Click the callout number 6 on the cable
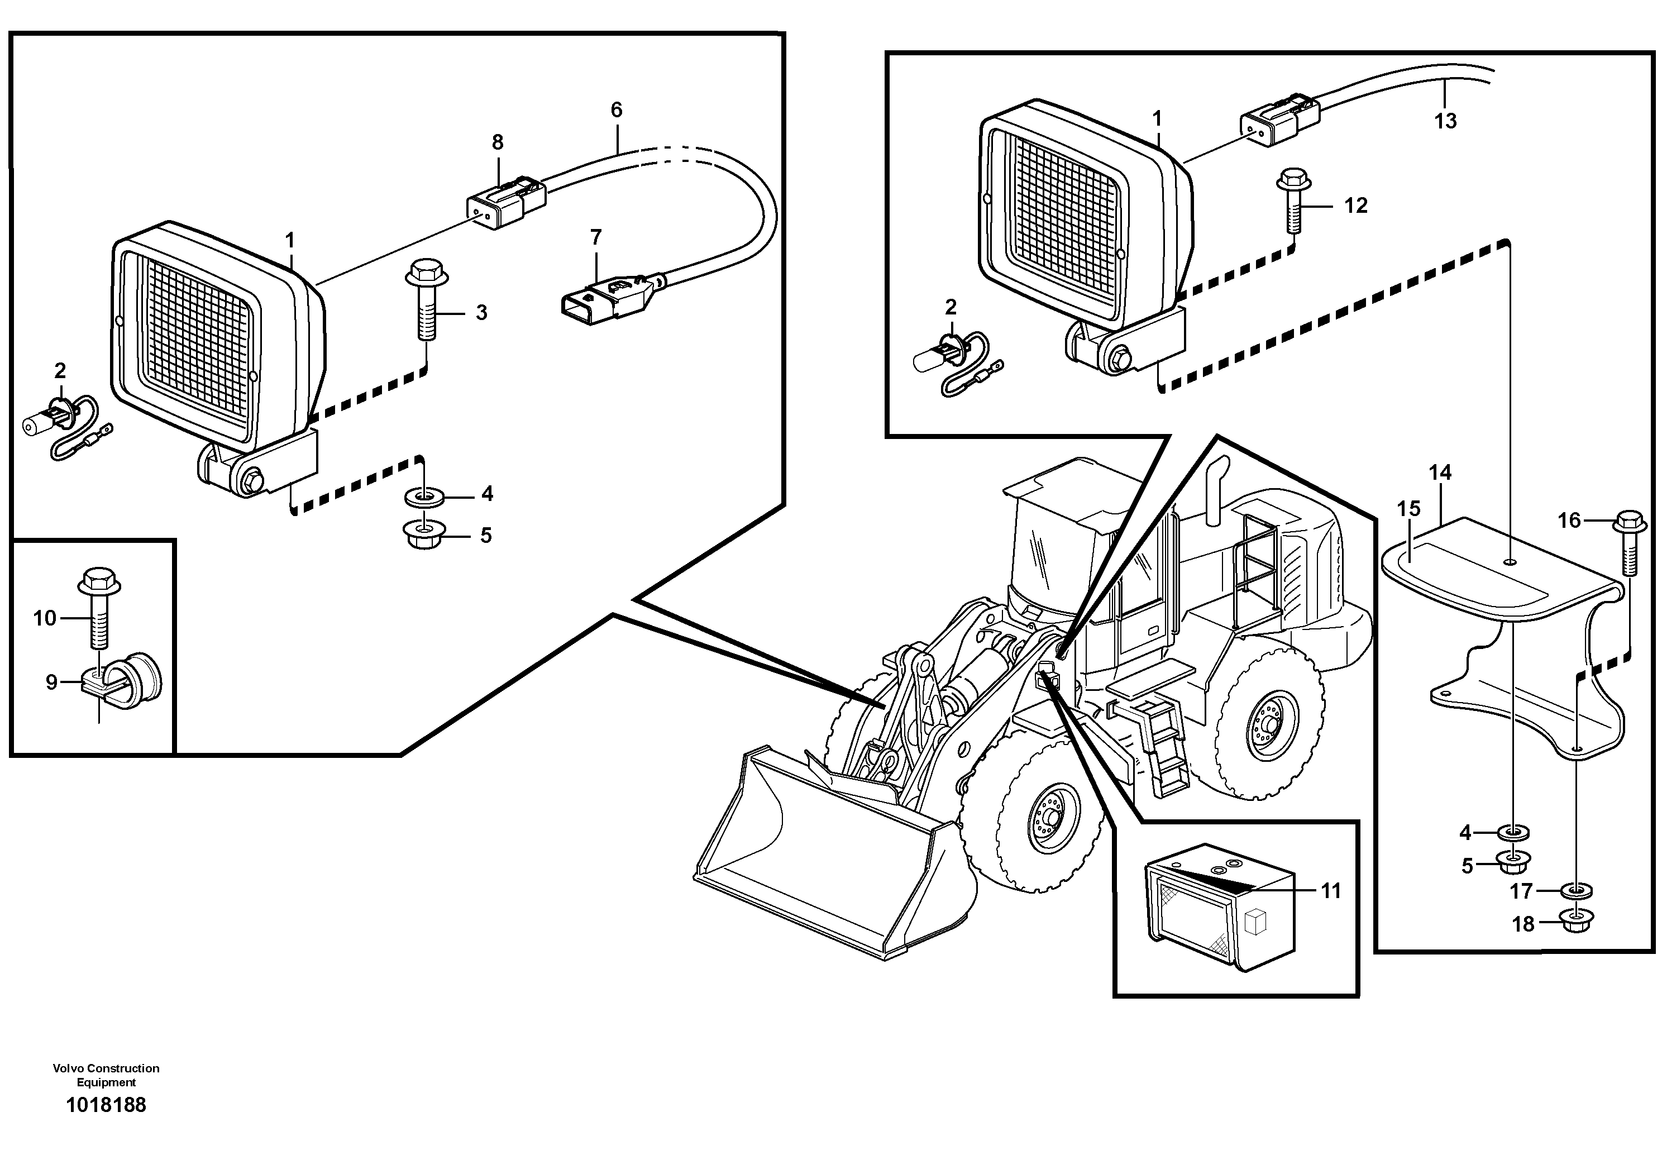click(616, 110)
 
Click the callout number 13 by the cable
click(1445, 121)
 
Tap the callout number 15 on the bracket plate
click(1408, 508)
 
